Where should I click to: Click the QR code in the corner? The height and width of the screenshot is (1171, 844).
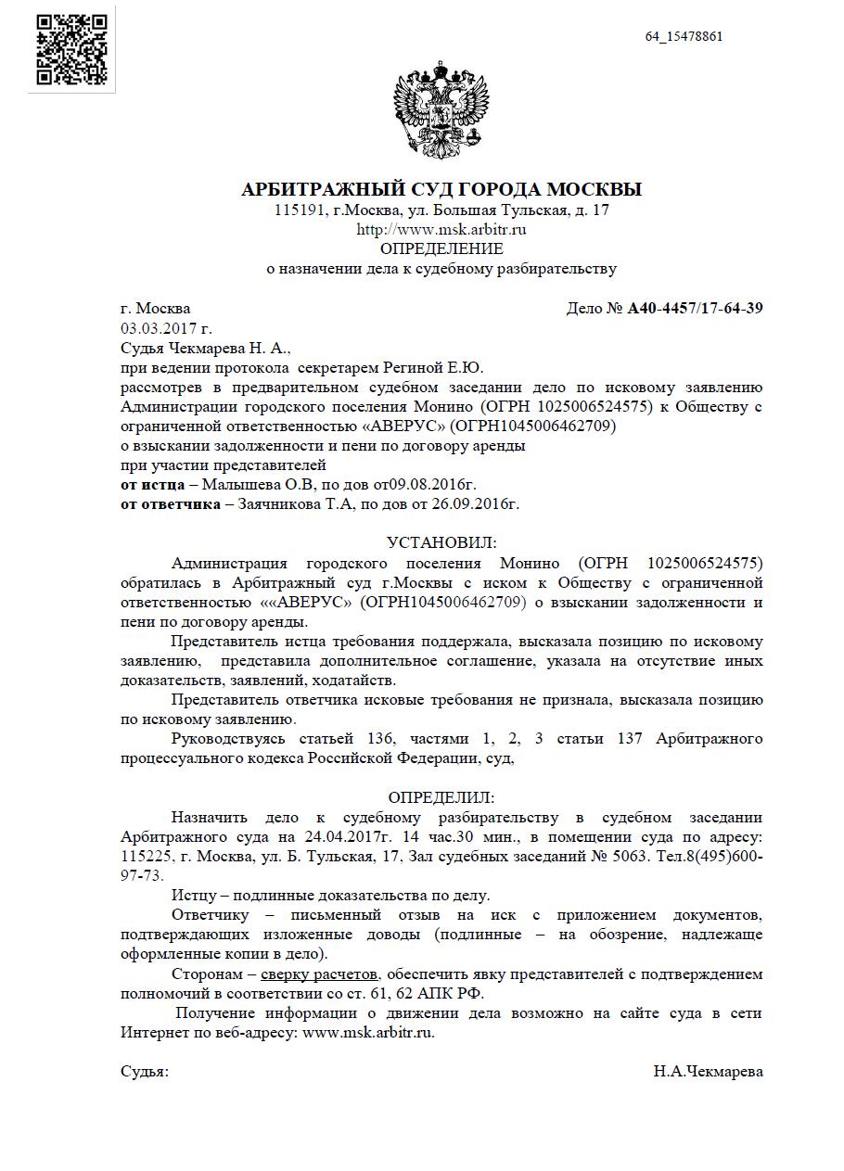[x=72, y=50]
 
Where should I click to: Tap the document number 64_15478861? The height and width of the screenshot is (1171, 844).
[x=684, y=37]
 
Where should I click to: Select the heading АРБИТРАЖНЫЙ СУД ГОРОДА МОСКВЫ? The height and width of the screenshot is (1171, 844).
[x=441, y=190]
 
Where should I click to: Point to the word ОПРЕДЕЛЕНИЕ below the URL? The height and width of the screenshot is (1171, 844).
[x=441, y=248]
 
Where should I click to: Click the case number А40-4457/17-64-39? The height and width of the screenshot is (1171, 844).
[x=695, y=309]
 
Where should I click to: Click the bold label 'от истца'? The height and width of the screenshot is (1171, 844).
[x=152, y=484]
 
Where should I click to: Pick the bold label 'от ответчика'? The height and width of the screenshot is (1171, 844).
[x=170, y=503]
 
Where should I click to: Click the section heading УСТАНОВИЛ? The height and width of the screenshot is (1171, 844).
[x=441, y=542]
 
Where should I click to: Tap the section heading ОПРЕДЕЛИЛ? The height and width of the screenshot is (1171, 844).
[x=441, y=797]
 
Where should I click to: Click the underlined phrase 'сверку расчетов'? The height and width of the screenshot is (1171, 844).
[x=319, y=974]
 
